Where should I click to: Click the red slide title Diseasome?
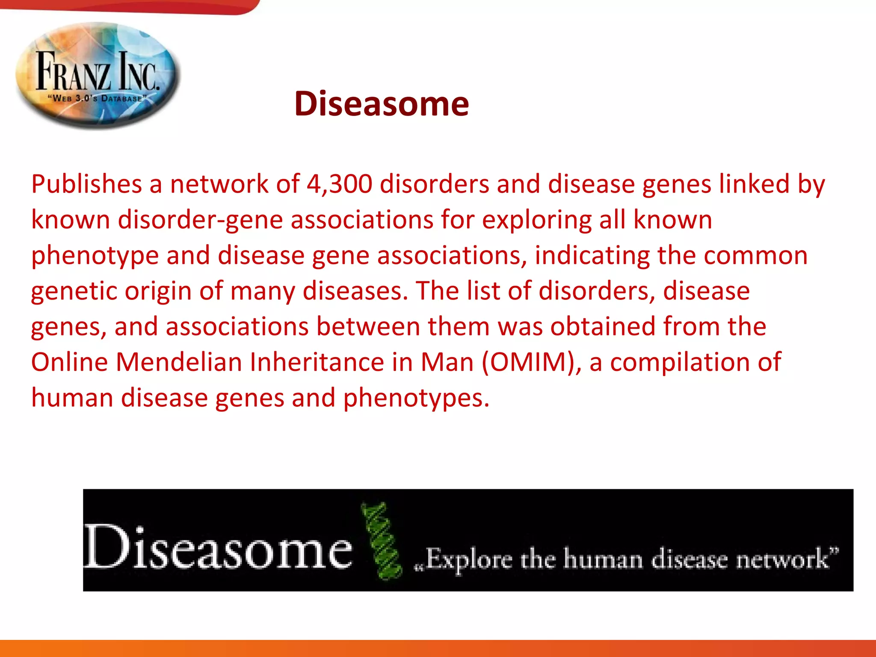click(x=381, y=104)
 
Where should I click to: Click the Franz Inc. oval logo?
click(x=98, y=75)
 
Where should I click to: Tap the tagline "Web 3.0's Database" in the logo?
click(x=98, y=98)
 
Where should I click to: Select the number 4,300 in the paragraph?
click(x=339, y=184)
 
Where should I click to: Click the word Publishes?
click(x=86, y=184)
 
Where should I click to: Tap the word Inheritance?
click(x=317, y=362)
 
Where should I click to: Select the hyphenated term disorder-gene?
click(x=200, y=220)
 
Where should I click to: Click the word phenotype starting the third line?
click(x=95, y=256)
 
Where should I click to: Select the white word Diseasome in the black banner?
click(x=217, y=548)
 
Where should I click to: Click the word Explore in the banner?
click(x=469, y=559)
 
